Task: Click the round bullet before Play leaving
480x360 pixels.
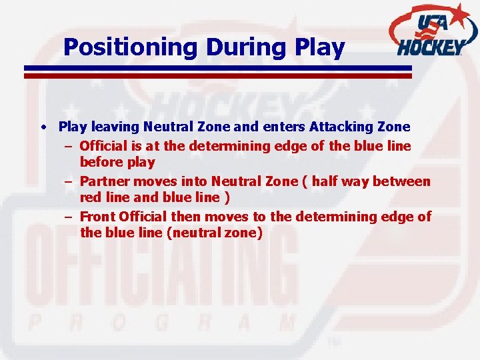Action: point(43,127)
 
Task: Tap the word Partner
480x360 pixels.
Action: point(103,181)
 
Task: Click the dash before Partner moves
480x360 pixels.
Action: point(69,181)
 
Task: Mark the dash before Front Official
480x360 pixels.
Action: point(69,217)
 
